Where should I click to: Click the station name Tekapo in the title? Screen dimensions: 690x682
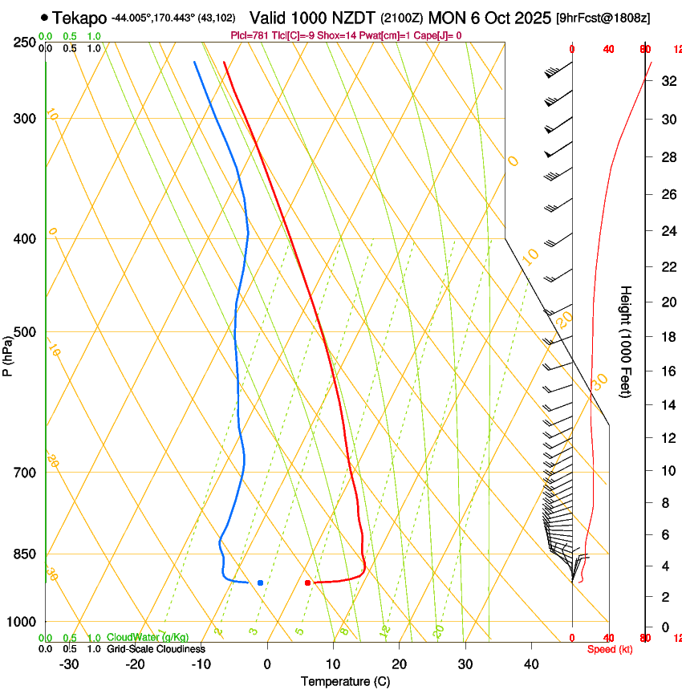pos(80,17)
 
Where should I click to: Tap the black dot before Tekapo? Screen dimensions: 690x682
pos(44,17)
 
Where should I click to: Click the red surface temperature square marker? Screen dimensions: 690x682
pos(307,582)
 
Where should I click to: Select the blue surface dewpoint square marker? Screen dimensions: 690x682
pos(260,582)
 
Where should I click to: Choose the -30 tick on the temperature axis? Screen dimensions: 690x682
pos(69,664)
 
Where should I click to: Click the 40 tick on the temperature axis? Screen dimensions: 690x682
pos(531,664)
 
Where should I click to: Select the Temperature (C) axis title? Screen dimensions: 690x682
pos(345,681)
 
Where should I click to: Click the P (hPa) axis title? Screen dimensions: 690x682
pos(7,354)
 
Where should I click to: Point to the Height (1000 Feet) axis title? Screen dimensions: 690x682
pos(626,341)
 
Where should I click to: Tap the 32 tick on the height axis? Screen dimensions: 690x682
pos(667,81)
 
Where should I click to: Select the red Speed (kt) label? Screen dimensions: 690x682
pos(610,649)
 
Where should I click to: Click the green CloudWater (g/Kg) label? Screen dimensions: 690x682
pos(148,637)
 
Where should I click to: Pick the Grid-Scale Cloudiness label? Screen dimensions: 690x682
pos(156,649)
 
